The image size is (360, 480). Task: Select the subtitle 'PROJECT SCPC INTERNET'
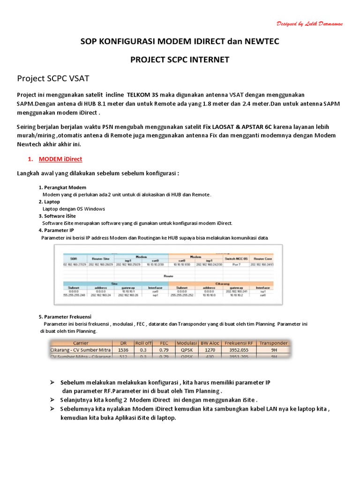click(x=180, y=60)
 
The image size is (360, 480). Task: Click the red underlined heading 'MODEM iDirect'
click(x=60, y=159)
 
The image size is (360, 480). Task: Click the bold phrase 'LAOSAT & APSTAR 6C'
click(x=236, y=127)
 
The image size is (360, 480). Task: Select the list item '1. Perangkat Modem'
click(x=62, y=187)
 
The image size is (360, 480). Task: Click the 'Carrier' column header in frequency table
click(x=81, y=343)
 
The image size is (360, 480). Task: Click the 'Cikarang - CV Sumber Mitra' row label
click(x=81, y=350)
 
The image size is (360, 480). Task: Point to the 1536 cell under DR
click(x=123, y=350)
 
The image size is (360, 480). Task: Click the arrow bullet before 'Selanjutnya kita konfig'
click(x=53, y=400)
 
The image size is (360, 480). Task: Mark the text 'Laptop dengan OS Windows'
click(x=74, y=209)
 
